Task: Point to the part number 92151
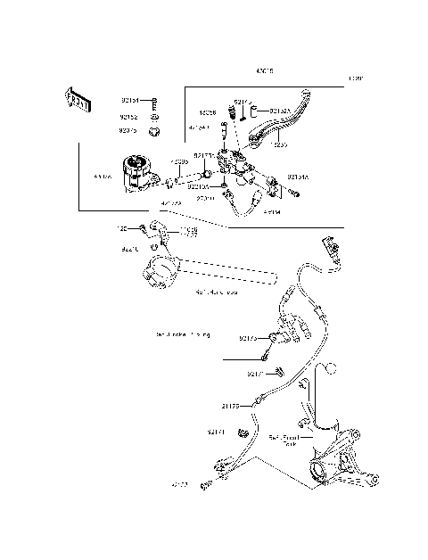coord(130,101)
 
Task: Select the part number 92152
coord(130,116)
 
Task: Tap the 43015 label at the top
coord(265,69)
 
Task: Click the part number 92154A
coord(298,177)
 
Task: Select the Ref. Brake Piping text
coord(183,334)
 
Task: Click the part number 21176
coord(230,406)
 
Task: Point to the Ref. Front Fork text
coord(284,440)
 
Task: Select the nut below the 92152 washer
coord(155,132)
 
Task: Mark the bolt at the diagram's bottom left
coord(206,484)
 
